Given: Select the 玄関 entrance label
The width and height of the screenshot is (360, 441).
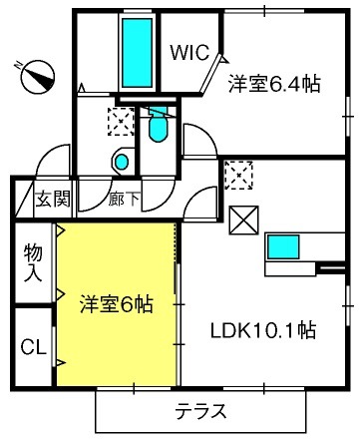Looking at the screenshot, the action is point(53,199).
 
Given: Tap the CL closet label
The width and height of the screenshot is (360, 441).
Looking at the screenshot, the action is point(33,349).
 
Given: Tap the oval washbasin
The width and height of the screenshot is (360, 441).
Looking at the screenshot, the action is point(122,161).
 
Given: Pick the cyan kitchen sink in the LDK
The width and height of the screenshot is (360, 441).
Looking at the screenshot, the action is point(283,246).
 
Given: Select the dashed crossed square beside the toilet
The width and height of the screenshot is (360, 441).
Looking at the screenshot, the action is point(120,122).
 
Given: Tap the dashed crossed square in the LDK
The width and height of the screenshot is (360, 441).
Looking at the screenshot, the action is point(238,176).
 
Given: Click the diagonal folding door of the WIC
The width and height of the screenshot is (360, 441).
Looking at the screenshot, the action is point(212,71).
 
